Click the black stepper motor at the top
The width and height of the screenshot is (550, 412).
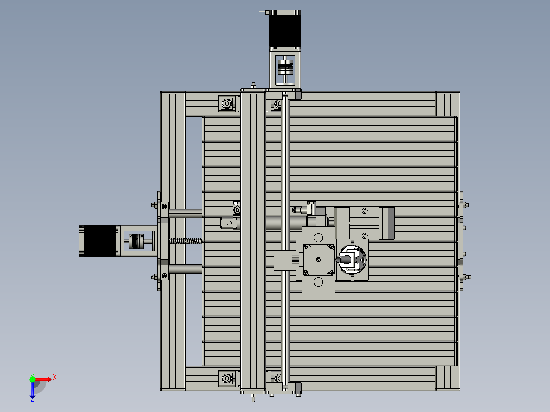[x=285, y=29]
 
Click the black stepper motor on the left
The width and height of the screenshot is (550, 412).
[x=99, y=241]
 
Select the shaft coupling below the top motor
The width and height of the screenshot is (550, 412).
[x=285, y=67]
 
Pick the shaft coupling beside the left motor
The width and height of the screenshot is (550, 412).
[x=136, y=241]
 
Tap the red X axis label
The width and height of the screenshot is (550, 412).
[x=55, y=378]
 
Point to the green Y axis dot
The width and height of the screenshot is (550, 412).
[x=32, y=379]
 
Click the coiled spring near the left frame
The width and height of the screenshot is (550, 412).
[x=186, y=241]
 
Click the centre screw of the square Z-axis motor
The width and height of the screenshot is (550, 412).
[x=318, y=260]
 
